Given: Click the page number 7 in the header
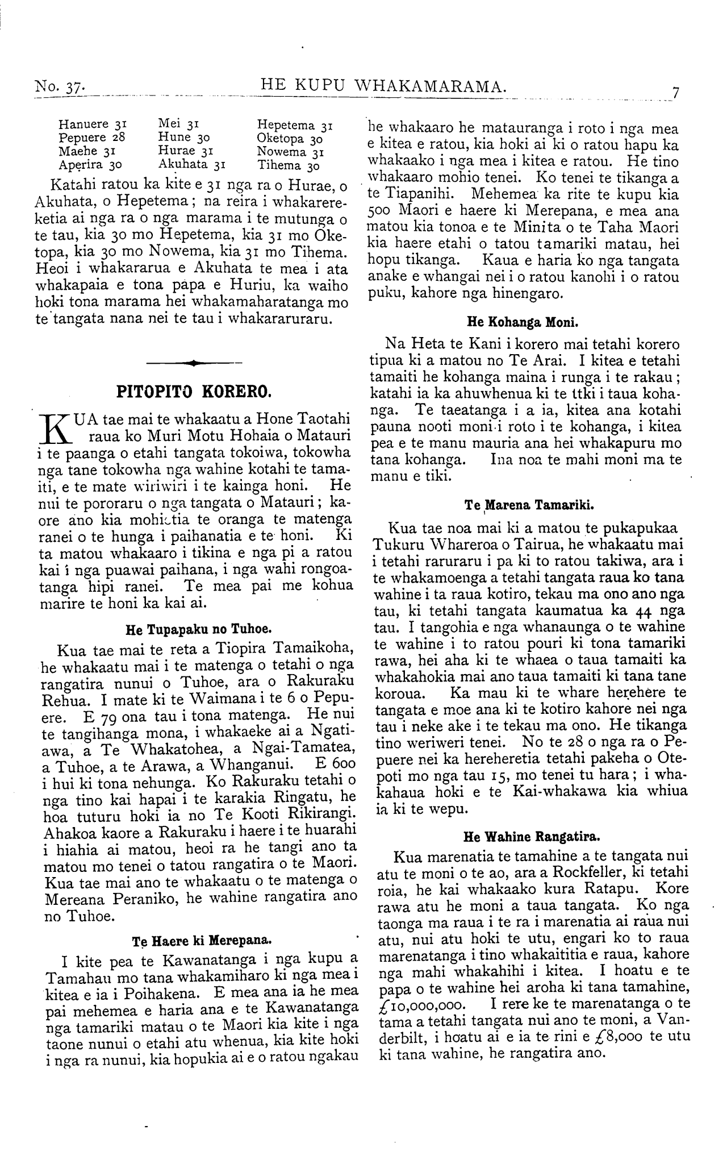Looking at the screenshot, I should pos(675,93).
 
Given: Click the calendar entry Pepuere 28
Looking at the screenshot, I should pos(91,137).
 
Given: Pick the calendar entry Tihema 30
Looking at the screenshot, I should pos(288,165).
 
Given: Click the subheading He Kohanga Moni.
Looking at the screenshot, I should pos(522,323).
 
